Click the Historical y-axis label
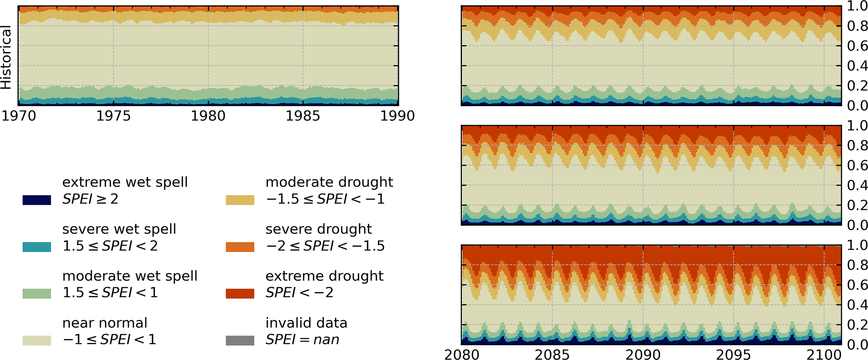point(6,58)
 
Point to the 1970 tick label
point(19,116)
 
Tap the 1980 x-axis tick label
point(208,116)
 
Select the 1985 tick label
point(303,116)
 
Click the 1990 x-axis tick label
point(397,116)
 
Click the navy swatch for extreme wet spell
point(37,200)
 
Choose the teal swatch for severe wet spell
point(37,247)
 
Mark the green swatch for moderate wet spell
point(37,294)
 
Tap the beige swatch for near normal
point(37,341)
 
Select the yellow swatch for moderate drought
point(240,200)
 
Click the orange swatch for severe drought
point(240,247)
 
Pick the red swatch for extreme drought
point(240,294)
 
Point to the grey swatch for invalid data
point(240,341)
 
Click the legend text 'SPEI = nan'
point(302,339)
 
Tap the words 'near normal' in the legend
point(105,323)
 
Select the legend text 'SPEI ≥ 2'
point(90,199)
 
